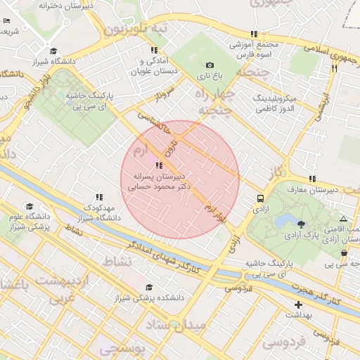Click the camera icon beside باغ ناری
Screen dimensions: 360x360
pos(209,65)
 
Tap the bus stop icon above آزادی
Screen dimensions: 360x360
pos(261,199)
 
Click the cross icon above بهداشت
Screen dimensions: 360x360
pos(299,304)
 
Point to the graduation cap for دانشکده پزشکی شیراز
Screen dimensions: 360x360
pos(148,287)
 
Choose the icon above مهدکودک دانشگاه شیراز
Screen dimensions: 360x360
pos(99,197)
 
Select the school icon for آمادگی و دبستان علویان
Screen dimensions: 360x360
pos(154,50)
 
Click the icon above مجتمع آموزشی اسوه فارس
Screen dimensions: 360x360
pos(253,34)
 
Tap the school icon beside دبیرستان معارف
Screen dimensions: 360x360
pos(313,179)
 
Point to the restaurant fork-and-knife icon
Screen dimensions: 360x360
pos(334,69)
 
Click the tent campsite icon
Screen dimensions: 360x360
pos(342,219)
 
